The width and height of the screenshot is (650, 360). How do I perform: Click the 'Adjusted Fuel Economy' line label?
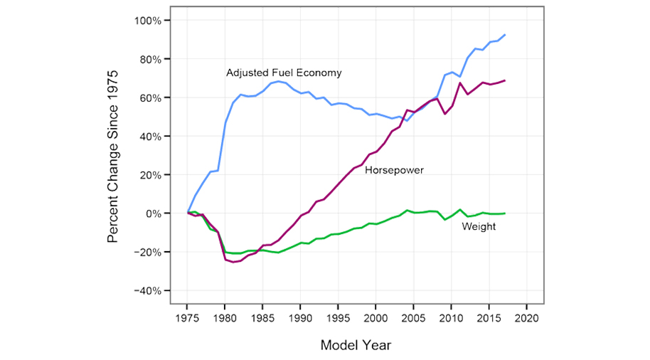284,73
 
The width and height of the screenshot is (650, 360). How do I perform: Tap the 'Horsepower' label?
394,170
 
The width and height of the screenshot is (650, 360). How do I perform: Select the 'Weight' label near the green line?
479,226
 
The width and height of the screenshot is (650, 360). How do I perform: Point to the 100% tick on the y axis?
148,20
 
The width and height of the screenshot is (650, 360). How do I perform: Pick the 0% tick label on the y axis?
154,213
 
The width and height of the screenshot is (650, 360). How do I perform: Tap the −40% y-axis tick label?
147,291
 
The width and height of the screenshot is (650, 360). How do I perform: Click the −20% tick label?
147,252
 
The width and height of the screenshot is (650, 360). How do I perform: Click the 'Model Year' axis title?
356,345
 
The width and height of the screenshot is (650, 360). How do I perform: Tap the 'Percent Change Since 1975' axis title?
113,156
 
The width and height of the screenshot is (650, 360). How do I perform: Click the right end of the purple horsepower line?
504,80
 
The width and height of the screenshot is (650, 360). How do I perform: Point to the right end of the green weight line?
504,213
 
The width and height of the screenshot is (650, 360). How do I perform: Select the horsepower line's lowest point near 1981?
233,262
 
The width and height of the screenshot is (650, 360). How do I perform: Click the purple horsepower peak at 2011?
460,83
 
